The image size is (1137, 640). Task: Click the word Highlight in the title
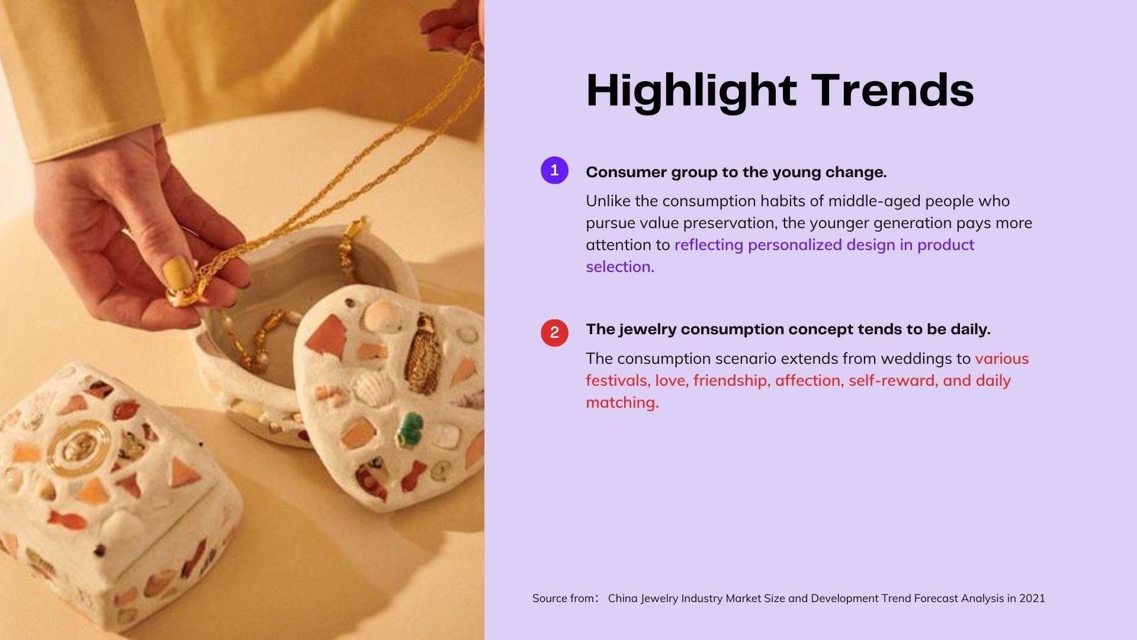(x=691, y=91)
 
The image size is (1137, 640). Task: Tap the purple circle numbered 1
(x=554, y=171)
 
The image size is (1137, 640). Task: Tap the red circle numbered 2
(x=554, y=332)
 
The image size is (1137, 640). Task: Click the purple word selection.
(x=620, y=267)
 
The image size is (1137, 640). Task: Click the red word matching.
(x=622, y=403)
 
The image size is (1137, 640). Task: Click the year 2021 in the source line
(x=1032, y=599)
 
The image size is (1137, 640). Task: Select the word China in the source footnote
(x=623, y=599)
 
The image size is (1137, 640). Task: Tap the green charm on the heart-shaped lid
(x=409, y=428)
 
